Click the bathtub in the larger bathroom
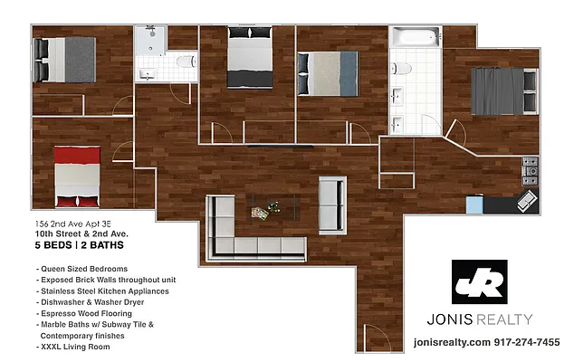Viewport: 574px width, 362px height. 415,40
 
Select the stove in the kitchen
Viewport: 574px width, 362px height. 531,167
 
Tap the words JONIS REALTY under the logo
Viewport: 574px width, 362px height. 480,319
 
